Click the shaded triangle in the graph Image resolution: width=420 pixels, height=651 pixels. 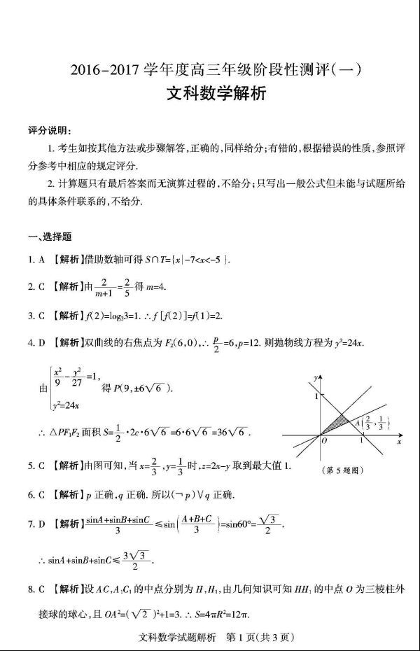338,422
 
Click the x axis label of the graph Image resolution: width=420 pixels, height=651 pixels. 398,442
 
